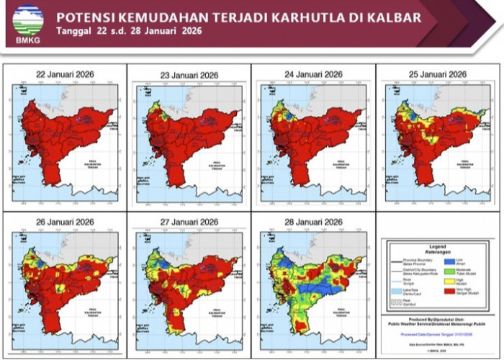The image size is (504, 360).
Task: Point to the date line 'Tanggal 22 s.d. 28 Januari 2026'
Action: [129, 31]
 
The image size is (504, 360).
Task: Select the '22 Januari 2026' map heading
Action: [66, 73]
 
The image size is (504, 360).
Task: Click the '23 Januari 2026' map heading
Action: [189, 73]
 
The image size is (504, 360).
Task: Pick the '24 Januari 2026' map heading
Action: [313, 73]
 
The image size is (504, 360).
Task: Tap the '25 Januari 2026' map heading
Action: [437, 73]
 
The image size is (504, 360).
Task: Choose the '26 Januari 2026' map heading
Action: [66, 221]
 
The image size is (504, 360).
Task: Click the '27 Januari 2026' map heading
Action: [189, 221]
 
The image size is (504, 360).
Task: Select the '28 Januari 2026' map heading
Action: [313, 221]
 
